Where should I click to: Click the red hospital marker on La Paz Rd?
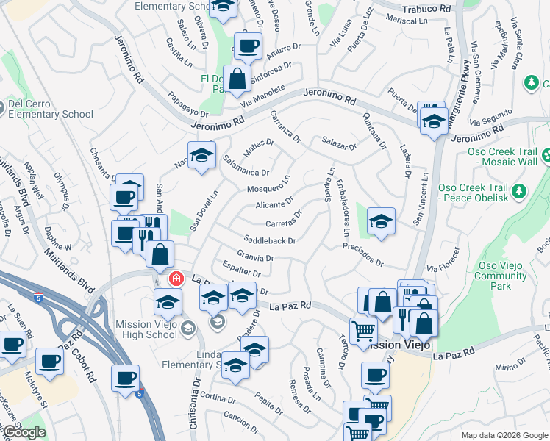click(175, 279)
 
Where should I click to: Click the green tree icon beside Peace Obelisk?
click(521, 191)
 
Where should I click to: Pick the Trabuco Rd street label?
click(426, 9)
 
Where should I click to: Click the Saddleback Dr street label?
click(270, 240)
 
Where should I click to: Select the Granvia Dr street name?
click(254, 258)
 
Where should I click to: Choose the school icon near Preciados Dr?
click(381, 220)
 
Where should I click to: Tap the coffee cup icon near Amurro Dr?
click(248, 46)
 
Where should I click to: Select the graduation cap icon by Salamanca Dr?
click(201, 155)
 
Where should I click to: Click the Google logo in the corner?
click(24, 432)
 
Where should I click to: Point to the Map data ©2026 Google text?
click(504, 435)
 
